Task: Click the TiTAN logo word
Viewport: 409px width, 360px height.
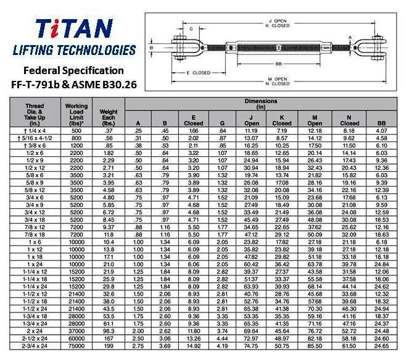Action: (x=74, y=28)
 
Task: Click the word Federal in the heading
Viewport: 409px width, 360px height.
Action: (x=41, y=70)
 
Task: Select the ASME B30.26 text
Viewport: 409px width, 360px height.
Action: (x=104, y=85)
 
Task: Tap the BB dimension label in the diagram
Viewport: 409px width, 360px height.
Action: (x=279, y=64)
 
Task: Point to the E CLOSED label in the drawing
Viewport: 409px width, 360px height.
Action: (x=199, y=73)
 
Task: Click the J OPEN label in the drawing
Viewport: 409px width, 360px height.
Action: (x=278, y=21)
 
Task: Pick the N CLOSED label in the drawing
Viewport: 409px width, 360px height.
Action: (x=278, y=84)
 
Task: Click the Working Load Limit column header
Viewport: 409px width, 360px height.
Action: (x=76, y=115)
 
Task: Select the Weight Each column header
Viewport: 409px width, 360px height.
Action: (x=109, y=117)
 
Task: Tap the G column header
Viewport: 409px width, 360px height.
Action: (x=222, y=123)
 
